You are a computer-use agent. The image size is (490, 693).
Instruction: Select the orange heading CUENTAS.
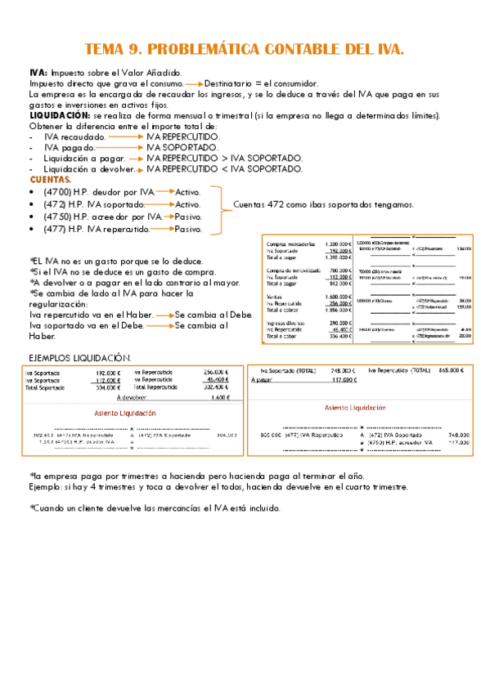coord(51,179)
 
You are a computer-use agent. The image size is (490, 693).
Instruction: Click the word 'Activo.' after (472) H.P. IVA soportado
coord(187,204)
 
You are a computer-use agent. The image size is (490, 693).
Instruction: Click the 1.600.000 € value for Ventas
coord(338,297)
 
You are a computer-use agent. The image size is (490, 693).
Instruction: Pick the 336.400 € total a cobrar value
coord(339,336)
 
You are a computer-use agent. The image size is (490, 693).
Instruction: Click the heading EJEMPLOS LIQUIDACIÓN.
coord(79,358)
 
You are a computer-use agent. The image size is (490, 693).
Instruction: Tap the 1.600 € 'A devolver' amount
coord(218,398)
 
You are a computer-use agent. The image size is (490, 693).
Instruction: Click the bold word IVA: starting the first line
coord(38,74)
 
